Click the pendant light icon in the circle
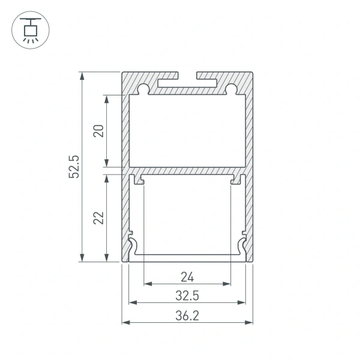[28, 29]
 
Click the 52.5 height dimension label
[74, 167]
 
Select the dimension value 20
[99, 130]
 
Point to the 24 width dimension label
[187, 277]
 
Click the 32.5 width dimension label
[187, 296]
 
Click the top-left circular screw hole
[143, 90]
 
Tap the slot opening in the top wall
[187, 76]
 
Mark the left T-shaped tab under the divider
[140, 179]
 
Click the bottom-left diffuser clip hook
[134, 246]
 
